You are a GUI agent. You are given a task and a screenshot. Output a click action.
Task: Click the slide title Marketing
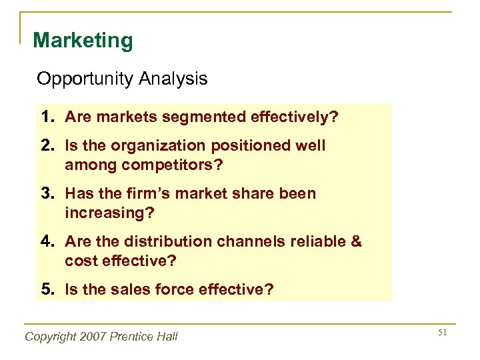coord(83,41)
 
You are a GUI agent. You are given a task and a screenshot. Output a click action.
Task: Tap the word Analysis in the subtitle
coord(173,79)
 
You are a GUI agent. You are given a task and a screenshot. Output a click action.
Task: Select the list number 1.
coord(46,118)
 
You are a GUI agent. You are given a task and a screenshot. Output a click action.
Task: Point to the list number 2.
coord(46,145)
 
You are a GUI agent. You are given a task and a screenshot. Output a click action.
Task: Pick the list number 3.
coord(46,193)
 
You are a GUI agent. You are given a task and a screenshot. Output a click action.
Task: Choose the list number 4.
coord(46,241)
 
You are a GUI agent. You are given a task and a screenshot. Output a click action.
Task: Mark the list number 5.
coord(46,289)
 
